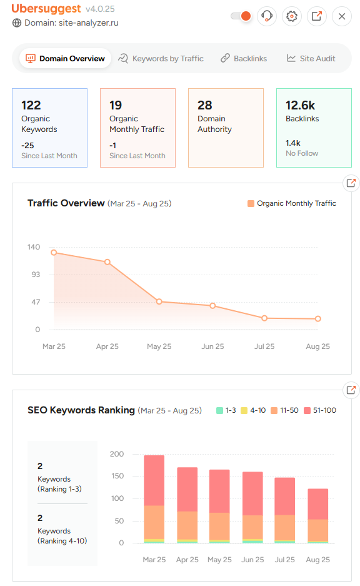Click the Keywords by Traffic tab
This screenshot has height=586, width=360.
click(161, 59)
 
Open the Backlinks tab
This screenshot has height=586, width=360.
click(243, 59)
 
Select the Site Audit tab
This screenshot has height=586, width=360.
click(311, 59)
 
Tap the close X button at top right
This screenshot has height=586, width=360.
click(342, 16)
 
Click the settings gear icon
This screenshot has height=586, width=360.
click(291, 16)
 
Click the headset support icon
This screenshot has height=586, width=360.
click(267, 16)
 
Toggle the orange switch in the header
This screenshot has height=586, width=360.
click(241, 16)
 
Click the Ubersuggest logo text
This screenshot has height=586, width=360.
click(46, 9)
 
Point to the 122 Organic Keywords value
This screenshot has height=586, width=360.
click(31, 105)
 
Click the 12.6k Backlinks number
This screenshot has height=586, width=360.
click(301, 105)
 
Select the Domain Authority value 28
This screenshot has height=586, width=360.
click(205, 105)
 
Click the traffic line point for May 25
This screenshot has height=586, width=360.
click(159, 301)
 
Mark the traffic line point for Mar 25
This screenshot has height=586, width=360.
click(54, 253)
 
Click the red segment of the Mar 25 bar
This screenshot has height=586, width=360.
click(154, 480)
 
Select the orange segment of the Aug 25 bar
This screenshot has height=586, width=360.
click(318, 530)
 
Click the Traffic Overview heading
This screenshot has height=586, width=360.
click(66, 203)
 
